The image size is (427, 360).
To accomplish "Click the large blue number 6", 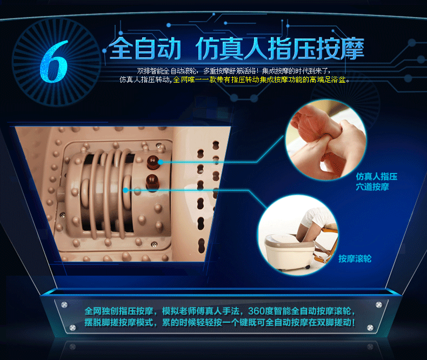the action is point(54,61).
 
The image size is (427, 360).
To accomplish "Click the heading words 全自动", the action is point(145,49).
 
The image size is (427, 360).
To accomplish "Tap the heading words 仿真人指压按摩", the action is point(279,49).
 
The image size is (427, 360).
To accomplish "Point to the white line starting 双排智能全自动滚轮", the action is point(233,71).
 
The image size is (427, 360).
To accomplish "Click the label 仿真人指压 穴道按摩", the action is point(377,182).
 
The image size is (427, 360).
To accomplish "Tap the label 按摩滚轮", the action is point(355,259).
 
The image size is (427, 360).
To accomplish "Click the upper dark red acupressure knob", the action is point(152,162).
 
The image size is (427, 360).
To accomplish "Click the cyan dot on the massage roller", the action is point(125,190).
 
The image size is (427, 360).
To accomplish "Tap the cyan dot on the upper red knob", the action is point(161,162).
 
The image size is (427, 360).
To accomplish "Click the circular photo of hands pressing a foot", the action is point(325,139).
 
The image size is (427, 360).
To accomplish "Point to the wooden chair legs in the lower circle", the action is point(325,246).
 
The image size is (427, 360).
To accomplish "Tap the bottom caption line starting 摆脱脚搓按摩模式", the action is point(220,322).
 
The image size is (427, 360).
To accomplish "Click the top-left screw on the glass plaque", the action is point(64,304).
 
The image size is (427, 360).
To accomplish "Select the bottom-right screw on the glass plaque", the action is point(370,328).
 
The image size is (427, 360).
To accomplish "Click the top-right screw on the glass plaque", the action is point(378,305).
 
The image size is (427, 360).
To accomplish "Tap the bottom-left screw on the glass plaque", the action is point(72,328).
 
